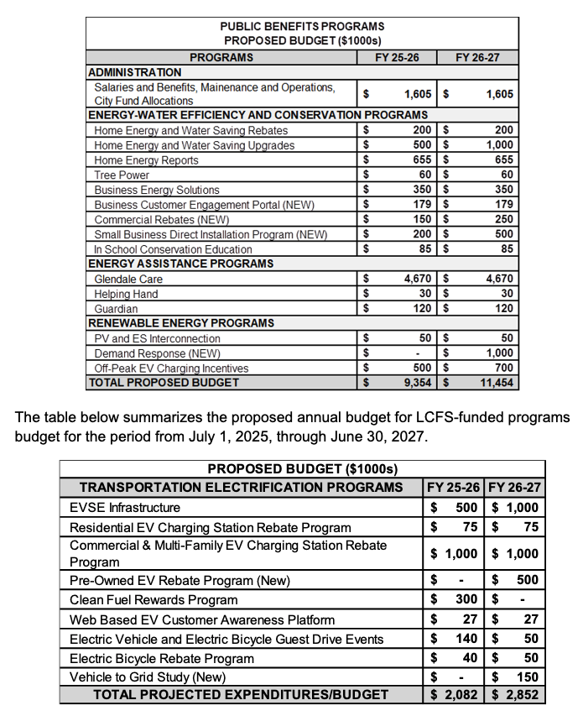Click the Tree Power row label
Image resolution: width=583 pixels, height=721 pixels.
point(122,175)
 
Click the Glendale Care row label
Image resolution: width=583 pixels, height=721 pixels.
point(128,279)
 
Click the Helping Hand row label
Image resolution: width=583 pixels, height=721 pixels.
point(126,294)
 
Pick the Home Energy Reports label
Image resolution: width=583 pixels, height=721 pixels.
point(146,160)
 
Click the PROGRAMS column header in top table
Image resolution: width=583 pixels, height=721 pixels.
point(221,58)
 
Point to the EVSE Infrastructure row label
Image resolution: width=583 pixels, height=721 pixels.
point(125,508)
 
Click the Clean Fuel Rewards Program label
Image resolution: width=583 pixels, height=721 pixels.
point(154,600)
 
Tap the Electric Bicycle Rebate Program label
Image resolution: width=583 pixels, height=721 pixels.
point(162,659)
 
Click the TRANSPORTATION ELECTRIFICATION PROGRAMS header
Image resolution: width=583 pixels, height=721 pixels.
point(241,488)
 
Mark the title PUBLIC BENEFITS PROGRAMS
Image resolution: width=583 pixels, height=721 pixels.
point(303,27)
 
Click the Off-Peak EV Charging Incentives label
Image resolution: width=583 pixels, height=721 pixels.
point(171,368)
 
